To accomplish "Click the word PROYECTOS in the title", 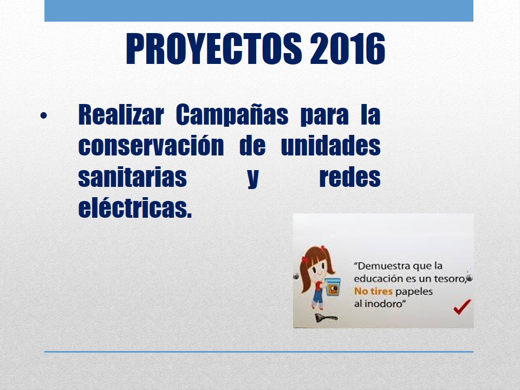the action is tap(214, 48).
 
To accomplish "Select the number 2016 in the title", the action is tap(348, 48).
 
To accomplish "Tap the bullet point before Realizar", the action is tap(43, 116).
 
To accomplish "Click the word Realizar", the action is tap(121, 114).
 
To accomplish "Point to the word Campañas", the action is tap(232, 115).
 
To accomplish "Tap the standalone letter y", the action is tap(253, 180).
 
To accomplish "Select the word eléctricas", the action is tap(135, 207).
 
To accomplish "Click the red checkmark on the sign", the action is tap(462, 307).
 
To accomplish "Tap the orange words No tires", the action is tap(373, 291).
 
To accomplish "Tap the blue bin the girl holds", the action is tap(333, 287).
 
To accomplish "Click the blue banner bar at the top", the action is tap(259, 11).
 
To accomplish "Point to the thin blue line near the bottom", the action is tap(259, 352).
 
